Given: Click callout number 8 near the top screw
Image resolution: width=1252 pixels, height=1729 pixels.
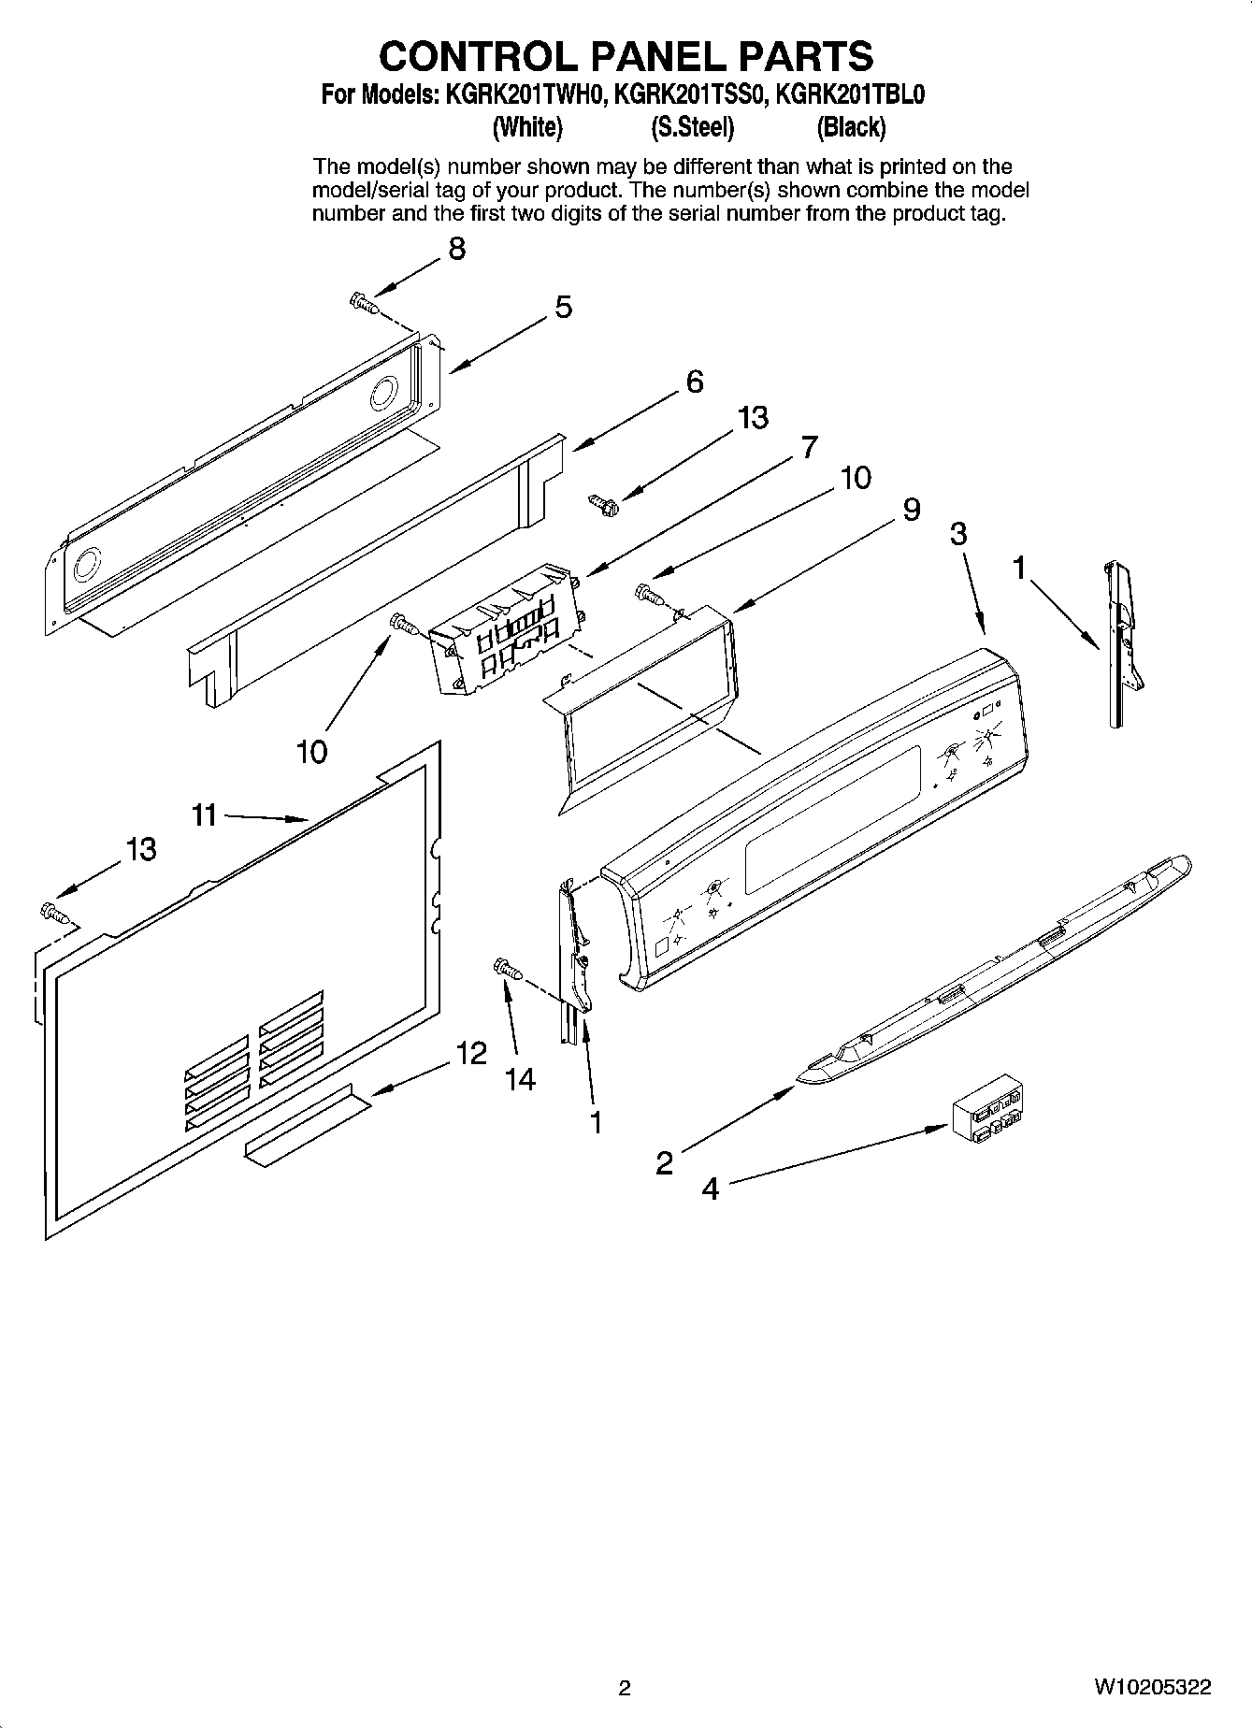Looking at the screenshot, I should (x=455, y=249).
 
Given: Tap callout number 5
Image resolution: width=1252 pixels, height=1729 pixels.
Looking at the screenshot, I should (x=563, y=307).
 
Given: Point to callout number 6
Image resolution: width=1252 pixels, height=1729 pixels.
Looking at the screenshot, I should (x=694, y=382).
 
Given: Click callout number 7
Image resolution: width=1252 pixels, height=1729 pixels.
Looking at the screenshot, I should (x=808, y=446).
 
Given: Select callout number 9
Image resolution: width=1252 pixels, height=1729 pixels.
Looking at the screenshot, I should (x=911, y=509).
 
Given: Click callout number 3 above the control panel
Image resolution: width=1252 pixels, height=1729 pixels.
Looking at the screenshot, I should (x=958, y=534).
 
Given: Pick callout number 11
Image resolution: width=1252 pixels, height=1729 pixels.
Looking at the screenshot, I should (x=204, y=815).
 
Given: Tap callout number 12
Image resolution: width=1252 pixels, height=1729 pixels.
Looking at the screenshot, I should (x=471, y=1054).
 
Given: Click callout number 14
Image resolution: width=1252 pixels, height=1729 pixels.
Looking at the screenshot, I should (x=520, y=1079).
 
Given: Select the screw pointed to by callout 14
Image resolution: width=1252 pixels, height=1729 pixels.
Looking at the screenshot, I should (x=506, y=970).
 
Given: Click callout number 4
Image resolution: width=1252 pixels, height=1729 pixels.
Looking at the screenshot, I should (x=711, y=1189).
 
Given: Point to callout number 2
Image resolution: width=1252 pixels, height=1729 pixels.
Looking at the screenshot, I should (x=664, y=1163).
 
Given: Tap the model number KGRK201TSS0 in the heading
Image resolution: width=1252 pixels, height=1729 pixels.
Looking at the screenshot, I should (x=690, y=95).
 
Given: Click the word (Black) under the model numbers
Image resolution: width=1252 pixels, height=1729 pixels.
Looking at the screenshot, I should (x=851, y=127).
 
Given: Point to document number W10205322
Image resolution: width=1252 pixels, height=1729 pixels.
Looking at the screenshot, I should (x=1152, y=1687).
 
